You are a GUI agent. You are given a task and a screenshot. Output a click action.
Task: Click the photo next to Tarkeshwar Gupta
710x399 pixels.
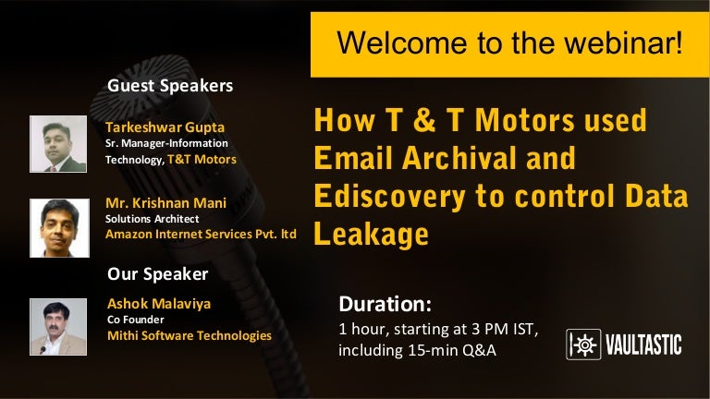[x=58, y=144]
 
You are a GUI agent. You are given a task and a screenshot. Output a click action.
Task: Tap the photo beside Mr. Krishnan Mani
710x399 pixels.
[x=59, y=227]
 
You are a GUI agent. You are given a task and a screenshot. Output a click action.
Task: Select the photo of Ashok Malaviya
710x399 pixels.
[x=58, y=327]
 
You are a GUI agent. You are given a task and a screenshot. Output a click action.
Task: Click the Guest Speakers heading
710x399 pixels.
[x=170, y=86]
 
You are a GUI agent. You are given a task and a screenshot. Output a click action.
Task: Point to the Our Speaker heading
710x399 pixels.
[x=157, y=274]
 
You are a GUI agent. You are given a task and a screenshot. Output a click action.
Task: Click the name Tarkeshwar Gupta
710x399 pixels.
[x=165, y=127]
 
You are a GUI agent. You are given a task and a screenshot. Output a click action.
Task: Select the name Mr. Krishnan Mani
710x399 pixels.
[x=165, y=202]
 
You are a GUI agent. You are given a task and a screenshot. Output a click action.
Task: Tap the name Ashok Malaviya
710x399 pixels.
[x=159, y=304]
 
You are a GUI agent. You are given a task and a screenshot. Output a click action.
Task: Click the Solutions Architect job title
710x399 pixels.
[x=153, y=219]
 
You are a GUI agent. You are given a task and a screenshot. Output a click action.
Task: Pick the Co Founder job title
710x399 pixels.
[x=135, y=320]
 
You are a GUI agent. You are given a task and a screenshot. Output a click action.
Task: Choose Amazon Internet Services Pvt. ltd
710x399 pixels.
[x=201, y=234]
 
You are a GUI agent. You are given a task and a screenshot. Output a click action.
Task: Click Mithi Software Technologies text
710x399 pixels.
[x=190, y=335]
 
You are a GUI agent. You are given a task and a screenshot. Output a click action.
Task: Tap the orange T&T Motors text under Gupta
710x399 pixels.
[x=202, y=159]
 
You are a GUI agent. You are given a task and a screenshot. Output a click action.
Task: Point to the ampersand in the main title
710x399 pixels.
[x=423, y=120]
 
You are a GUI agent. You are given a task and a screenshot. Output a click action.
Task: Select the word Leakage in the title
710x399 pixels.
[x=371, y=234]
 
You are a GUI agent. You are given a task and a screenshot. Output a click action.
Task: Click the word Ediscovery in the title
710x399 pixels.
[x=389, y=197]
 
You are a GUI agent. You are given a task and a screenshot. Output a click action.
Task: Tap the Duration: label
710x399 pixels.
[x=386, y=304]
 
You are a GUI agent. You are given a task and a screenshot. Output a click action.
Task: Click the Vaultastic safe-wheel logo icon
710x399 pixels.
[x=583, y=345]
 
